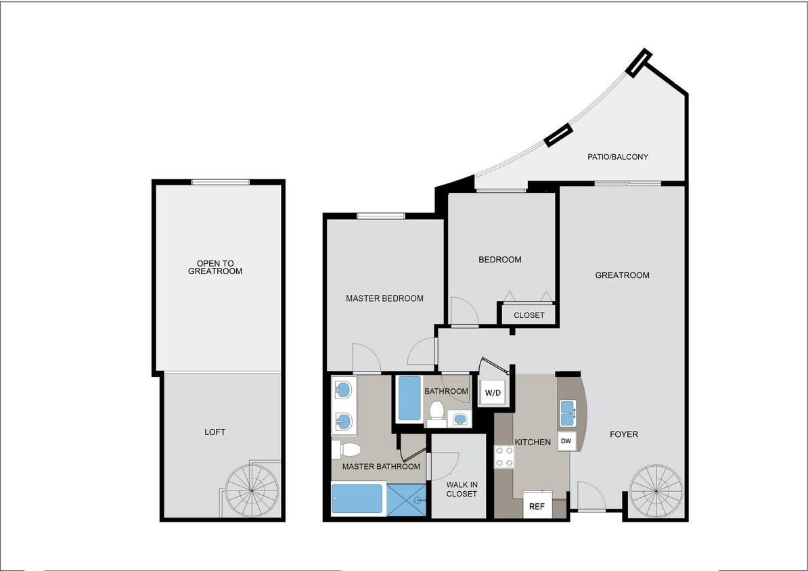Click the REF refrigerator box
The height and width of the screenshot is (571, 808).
(537, 505)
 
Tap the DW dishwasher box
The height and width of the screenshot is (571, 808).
(566, 442)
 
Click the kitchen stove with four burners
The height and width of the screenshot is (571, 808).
(503, 457)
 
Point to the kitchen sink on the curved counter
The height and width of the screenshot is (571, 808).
(567, 412)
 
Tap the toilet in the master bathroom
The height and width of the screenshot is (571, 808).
(347, 450)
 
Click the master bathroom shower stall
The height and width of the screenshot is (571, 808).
(407, 500)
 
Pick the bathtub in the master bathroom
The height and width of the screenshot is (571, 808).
(357, 499)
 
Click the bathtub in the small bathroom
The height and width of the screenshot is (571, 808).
(409, 398)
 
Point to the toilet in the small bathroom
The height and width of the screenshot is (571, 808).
(436, 411)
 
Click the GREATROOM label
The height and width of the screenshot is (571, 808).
(622, 275)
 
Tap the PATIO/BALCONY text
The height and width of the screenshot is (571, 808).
(617, 157)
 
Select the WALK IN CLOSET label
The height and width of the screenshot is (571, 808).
(462, 489)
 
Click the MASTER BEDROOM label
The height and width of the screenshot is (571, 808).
(384, 298)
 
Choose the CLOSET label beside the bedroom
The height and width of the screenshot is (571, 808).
(529, 315)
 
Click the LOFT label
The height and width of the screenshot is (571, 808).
(215, 432)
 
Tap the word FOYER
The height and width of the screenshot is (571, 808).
(623, 434)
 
